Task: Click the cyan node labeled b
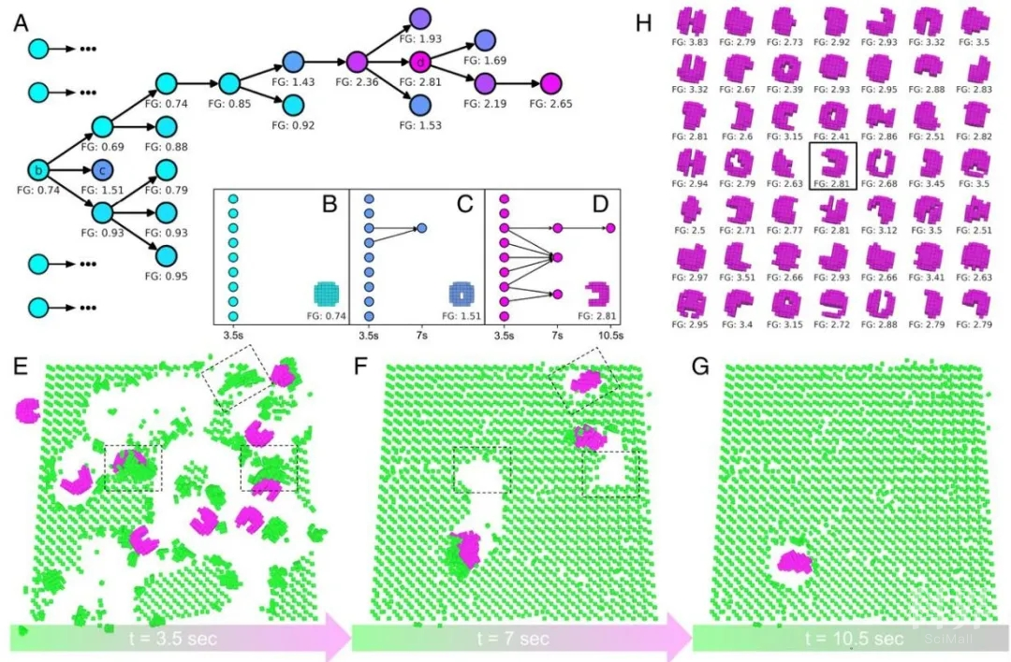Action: pos(38,170)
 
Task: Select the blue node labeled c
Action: pos(103,170)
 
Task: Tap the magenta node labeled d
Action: pos(420,62)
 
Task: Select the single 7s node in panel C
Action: pos(421,228)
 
